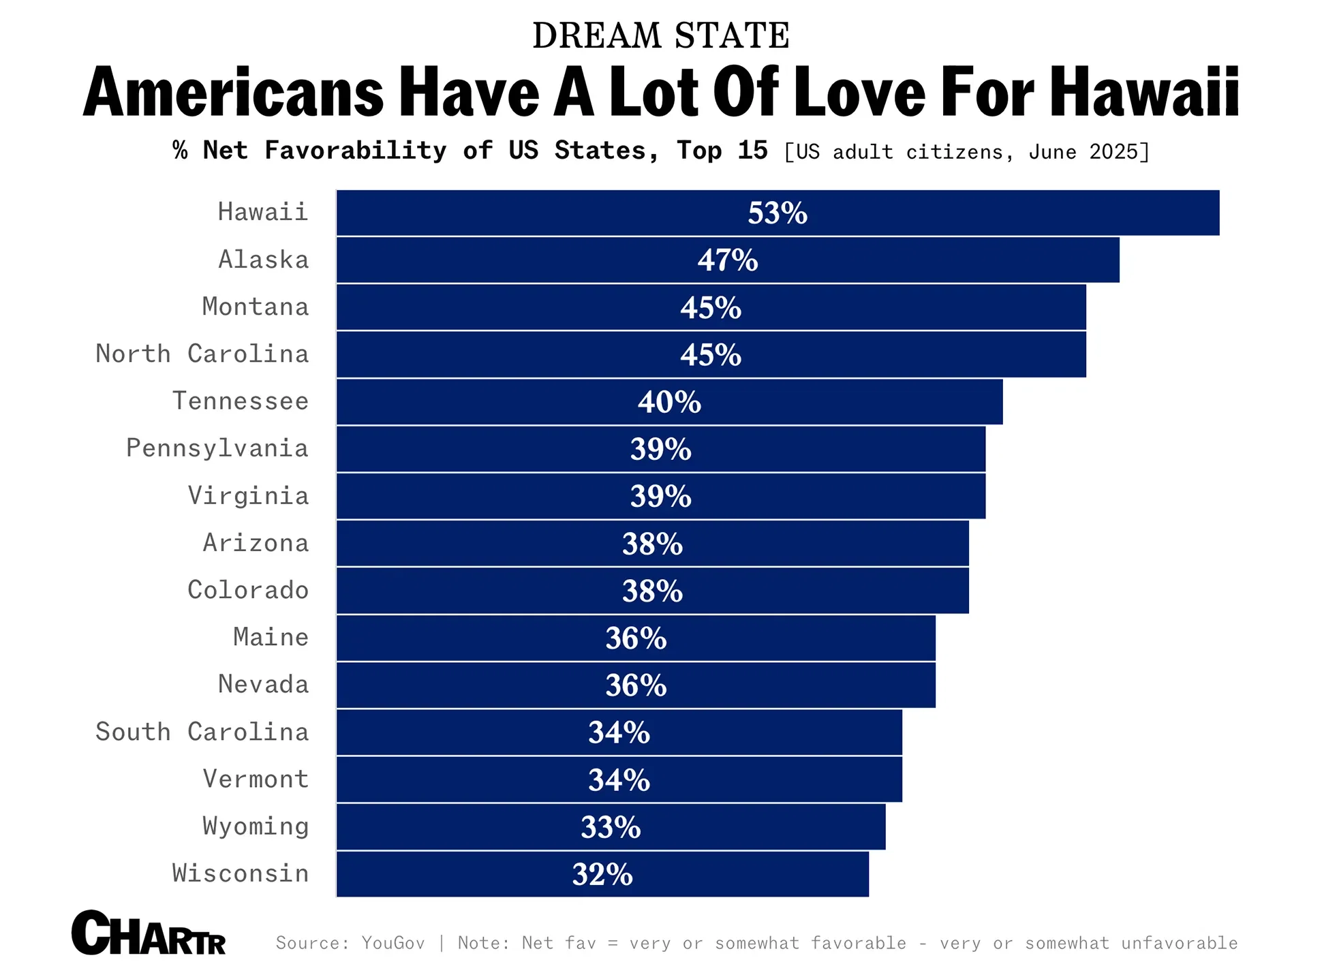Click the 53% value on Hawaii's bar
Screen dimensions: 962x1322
[777, 213]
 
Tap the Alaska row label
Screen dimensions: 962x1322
[264, 260]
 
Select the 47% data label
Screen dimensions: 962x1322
[727, 260]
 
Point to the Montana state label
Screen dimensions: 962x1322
[256, 307]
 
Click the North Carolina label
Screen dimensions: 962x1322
[202, 354]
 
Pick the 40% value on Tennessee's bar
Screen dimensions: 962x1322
[669, 402]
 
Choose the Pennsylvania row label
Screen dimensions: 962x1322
[217, 448]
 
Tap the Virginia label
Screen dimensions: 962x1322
[248, 495]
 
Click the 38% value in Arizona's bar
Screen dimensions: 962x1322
[652, 544]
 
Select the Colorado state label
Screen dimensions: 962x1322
[248, 590]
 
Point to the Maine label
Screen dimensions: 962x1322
[271, 637]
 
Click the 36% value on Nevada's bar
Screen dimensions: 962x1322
[636, 685]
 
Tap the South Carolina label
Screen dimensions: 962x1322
[202, 732]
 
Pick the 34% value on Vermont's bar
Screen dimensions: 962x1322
[619, 780]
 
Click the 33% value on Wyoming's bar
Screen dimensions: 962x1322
[611, 827]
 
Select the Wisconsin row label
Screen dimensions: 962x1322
[241, 873]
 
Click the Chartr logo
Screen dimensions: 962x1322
[149, 933]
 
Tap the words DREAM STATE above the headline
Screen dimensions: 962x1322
[660, 35]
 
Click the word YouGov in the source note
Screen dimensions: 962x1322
[393, 943]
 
